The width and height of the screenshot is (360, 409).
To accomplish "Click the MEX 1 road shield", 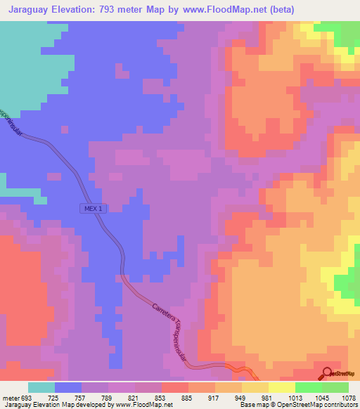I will pos(91,209).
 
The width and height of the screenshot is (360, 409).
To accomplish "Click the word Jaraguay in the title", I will pos(29,10).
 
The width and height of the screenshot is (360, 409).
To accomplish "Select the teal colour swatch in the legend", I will pos(41,387).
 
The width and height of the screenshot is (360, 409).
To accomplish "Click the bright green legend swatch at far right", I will pos(335,387).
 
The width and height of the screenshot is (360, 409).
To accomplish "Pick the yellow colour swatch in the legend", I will pos(282,387).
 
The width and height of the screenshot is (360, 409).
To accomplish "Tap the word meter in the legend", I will pos(10,397).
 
